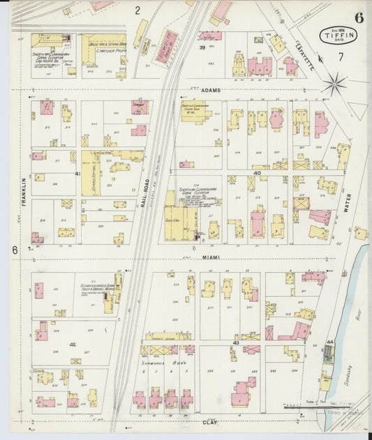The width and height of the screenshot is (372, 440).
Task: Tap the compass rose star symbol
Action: coord(336,85)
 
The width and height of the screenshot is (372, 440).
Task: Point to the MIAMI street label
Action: coord(211,257)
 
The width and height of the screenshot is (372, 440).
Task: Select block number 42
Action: coord(72,344)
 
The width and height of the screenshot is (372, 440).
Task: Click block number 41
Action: coord(77,174)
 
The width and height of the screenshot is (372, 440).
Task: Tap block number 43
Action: coord(236,343)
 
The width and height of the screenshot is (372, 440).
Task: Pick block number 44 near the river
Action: coord(330,342)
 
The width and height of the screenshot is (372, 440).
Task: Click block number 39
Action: coord(202,48)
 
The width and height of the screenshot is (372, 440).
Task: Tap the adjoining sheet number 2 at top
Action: coord(137,10)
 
